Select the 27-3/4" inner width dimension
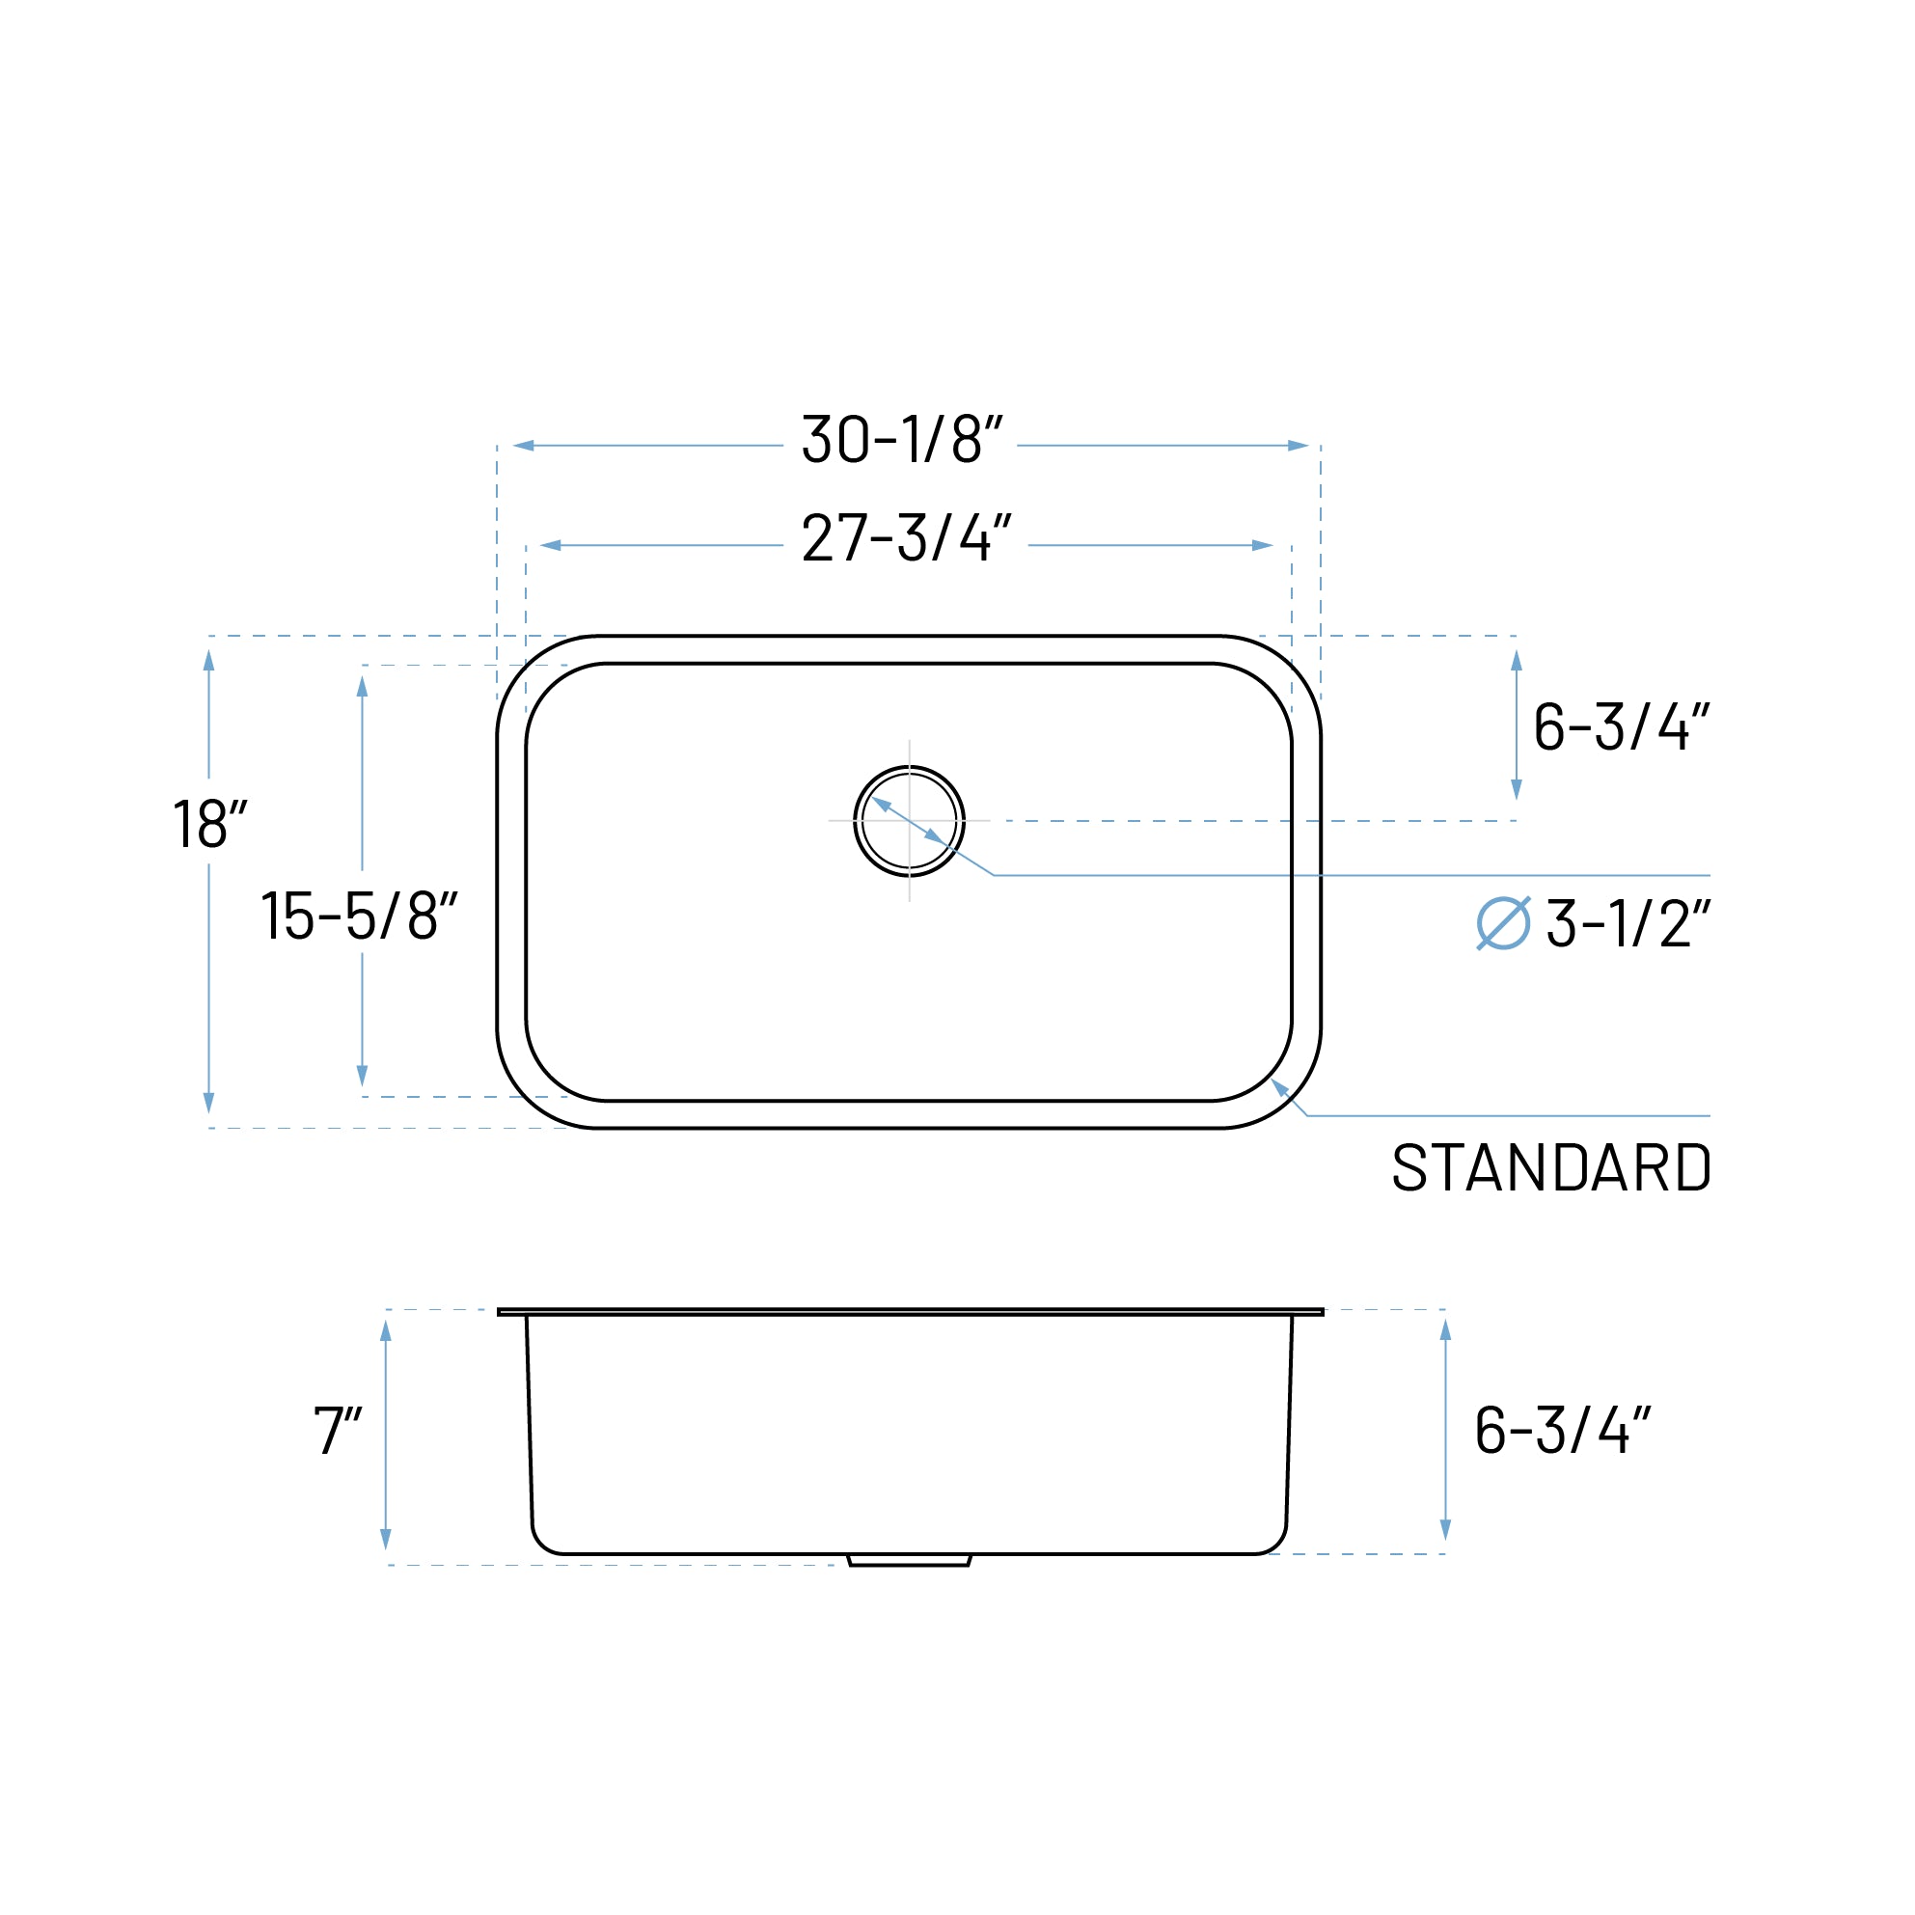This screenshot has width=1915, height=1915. coord(906,538)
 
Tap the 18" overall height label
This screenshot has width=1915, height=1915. coord(209,824)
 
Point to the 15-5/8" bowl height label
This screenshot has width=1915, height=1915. coord(359,915)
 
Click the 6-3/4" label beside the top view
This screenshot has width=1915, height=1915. coord(1621,726)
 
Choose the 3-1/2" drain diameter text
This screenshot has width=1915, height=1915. coord(1628,923)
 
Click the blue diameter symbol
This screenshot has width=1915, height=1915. coord(1503,923)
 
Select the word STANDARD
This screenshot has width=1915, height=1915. coord(1551,1167)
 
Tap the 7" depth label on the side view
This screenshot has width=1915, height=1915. coord(337,1431)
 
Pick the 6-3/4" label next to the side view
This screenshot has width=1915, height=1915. coord(1562,1430)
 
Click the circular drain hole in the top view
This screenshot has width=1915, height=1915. coord(909,821)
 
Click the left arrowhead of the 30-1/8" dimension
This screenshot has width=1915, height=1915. coord(523,445)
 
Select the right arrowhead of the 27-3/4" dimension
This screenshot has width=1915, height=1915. coord(1262,545)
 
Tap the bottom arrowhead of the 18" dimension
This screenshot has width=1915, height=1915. coord(208,1104)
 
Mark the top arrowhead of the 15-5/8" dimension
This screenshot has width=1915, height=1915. coord(362,686)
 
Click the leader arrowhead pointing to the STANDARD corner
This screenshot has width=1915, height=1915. coord(1279,1087)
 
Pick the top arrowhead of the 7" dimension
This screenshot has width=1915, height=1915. coord(386,1330)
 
